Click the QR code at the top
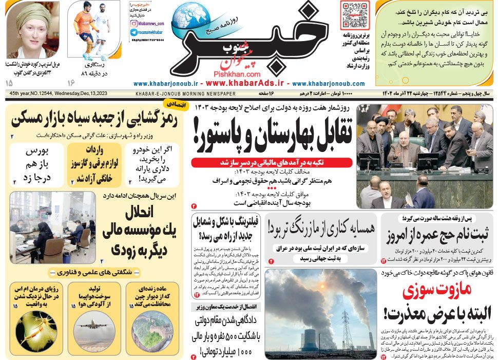pyautogui.click(x=354, y=15)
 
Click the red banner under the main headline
pyautogui.click(x=272, y=162)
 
